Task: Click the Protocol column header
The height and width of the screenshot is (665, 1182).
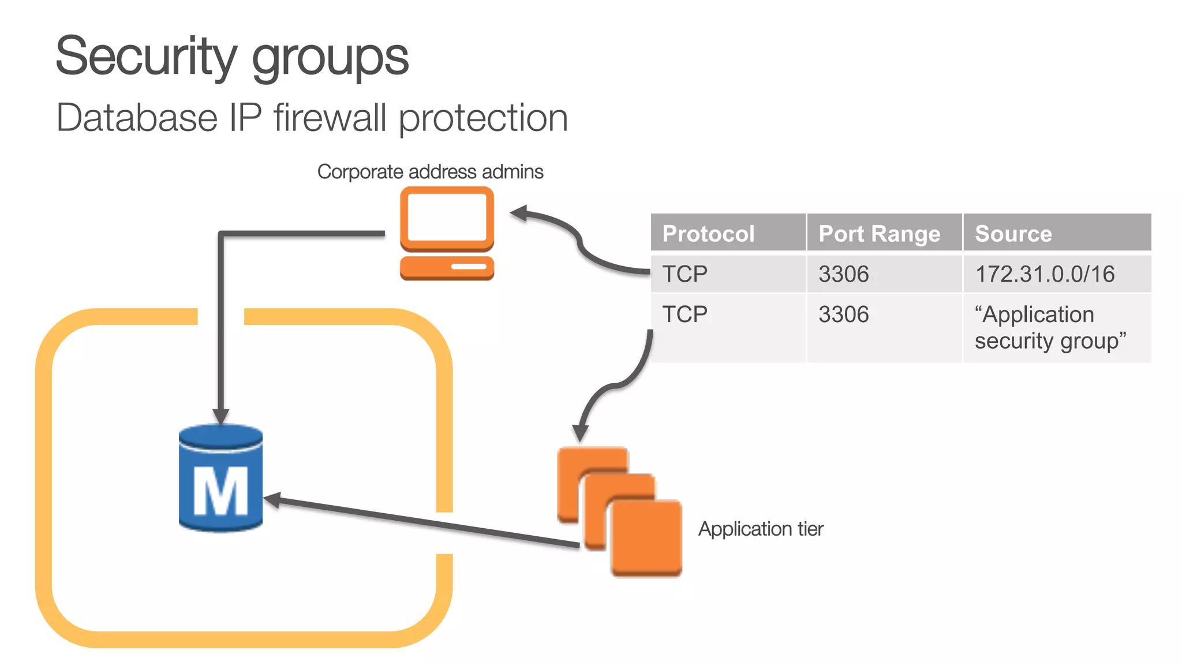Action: click(708, 234)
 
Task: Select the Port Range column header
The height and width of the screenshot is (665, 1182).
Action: click(879, 234)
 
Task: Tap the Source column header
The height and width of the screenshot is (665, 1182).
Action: click(1013, 234)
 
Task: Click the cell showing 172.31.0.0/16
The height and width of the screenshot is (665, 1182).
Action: click(1045, 274)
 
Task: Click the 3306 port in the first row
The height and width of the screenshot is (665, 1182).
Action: click(843, 274)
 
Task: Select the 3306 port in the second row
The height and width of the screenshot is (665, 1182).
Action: click(843, 315)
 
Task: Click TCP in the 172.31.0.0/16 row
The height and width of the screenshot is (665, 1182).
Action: click(684, 274)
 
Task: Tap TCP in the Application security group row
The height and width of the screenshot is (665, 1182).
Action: click(684, 315)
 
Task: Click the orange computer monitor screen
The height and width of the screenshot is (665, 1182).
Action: click(447, 217)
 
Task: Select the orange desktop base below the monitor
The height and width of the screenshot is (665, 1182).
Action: click(447, 267)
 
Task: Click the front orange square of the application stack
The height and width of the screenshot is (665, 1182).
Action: click(646, 538)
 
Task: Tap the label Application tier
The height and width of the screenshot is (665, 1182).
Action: click(761, 529)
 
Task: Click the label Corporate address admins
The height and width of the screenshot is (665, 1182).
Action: click(430, 172)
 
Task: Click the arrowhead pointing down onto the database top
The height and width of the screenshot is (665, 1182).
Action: click(220, 416)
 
